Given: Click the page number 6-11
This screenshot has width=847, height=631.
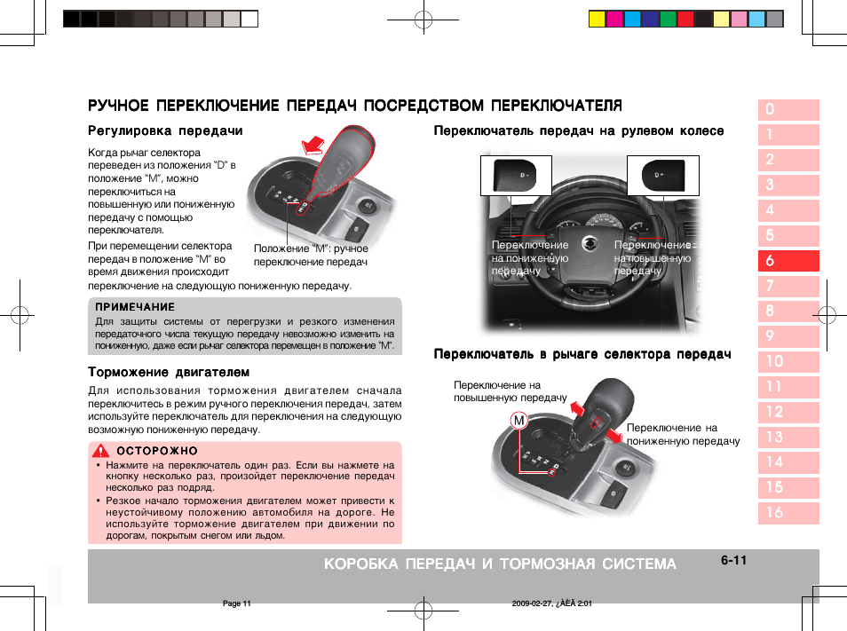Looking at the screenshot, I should (x=733, y=560).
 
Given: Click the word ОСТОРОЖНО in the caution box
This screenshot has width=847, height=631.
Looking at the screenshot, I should (x=157, y=451).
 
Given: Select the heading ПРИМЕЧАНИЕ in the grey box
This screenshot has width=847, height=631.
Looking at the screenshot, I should (x=135, y=307).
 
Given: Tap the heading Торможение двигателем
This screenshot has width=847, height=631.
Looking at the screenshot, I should (x=168, y=372).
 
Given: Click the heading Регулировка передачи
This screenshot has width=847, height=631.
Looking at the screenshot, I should (x=165, y=131).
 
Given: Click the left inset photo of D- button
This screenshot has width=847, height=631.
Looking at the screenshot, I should (x=516, y=175).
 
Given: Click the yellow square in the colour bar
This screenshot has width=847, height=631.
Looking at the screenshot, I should (x=597, y=19).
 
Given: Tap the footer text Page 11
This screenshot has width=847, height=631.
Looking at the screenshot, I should (x=237, y=603).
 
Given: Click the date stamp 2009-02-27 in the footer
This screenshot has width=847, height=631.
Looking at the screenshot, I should (x=534, y=603).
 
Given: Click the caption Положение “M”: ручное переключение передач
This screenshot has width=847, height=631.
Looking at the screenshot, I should (x=311, y=256).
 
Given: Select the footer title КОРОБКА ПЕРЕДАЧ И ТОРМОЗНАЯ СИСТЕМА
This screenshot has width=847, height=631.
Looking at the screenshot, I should (x=500, y=564).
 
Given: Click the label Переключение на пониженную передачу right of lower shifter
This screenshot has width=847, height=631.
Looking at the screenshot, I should (x=683, y=434).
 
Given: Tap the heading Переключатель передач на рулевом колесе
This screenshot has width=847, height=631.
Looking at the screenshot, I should (x=578, y=131).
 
